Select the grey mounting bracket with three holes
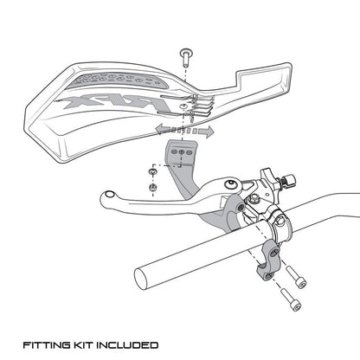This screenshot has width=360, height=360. pyautogui.click(x=180, y=156)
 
